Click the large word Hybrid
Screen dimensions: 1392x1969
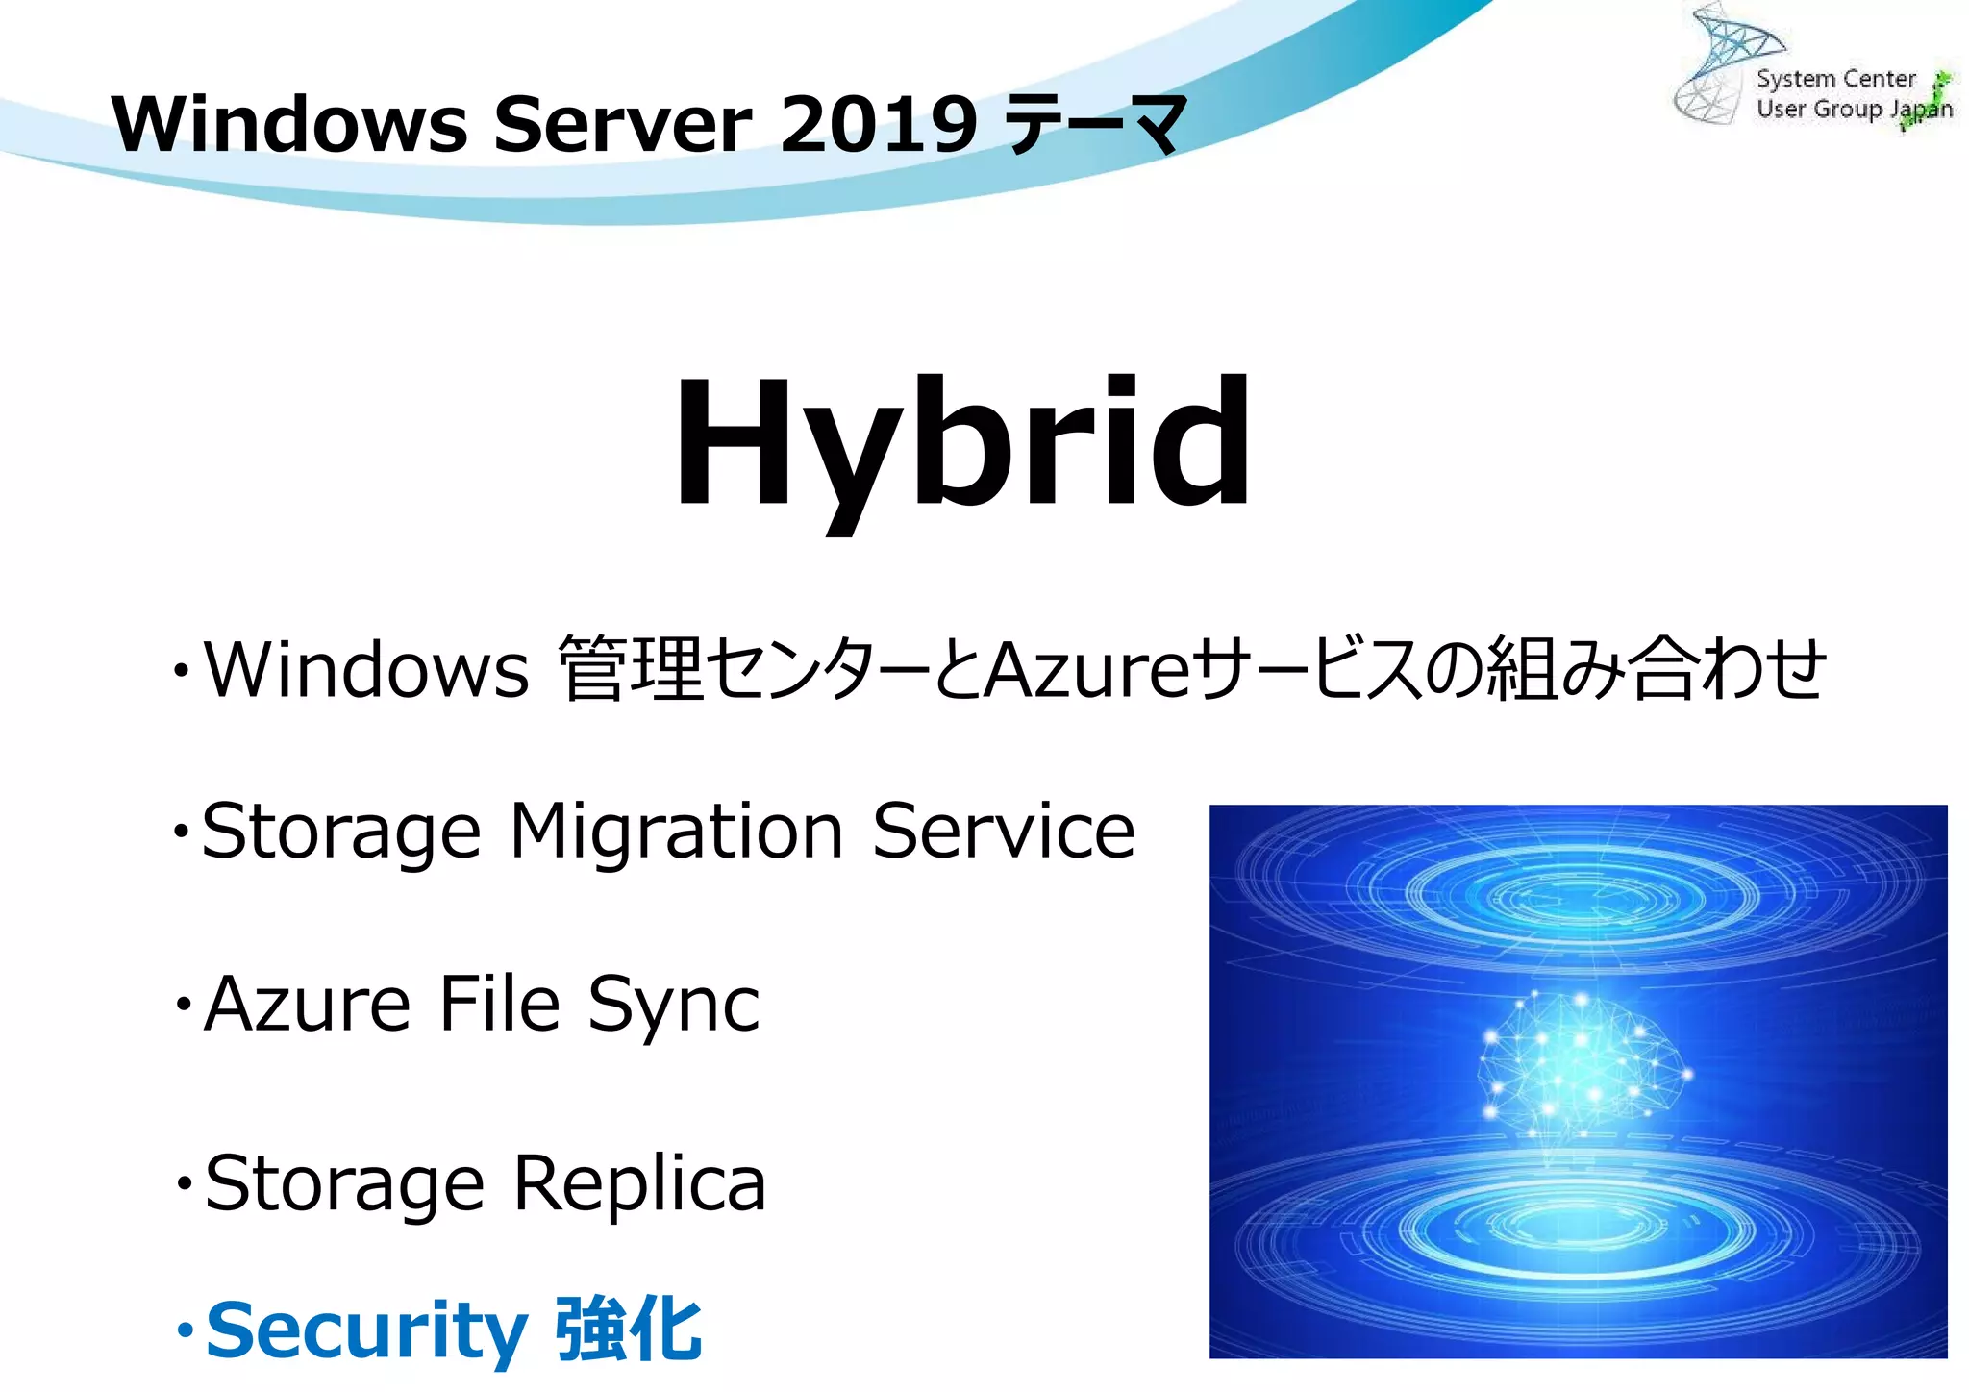point(962,444)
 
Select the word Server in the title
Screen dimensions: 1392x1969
point(622,124)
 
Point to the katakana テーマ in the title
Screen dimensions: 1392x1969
point(1093,126)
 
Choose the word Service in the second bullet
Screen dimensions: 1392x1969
point(1004,832)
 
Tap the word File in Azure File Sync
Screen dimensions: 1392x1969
point(499,1004)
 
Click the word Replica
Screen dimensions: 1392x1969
point(639,1183)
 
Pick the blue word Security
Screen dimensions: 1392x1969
point(366,1332)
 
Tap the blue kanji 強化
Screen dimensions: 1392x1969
point(630,1330)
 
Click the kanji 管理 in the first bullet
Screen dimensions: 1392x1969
point(631,669)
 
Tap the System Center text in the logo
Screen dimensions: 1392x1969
point(1835,79)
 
